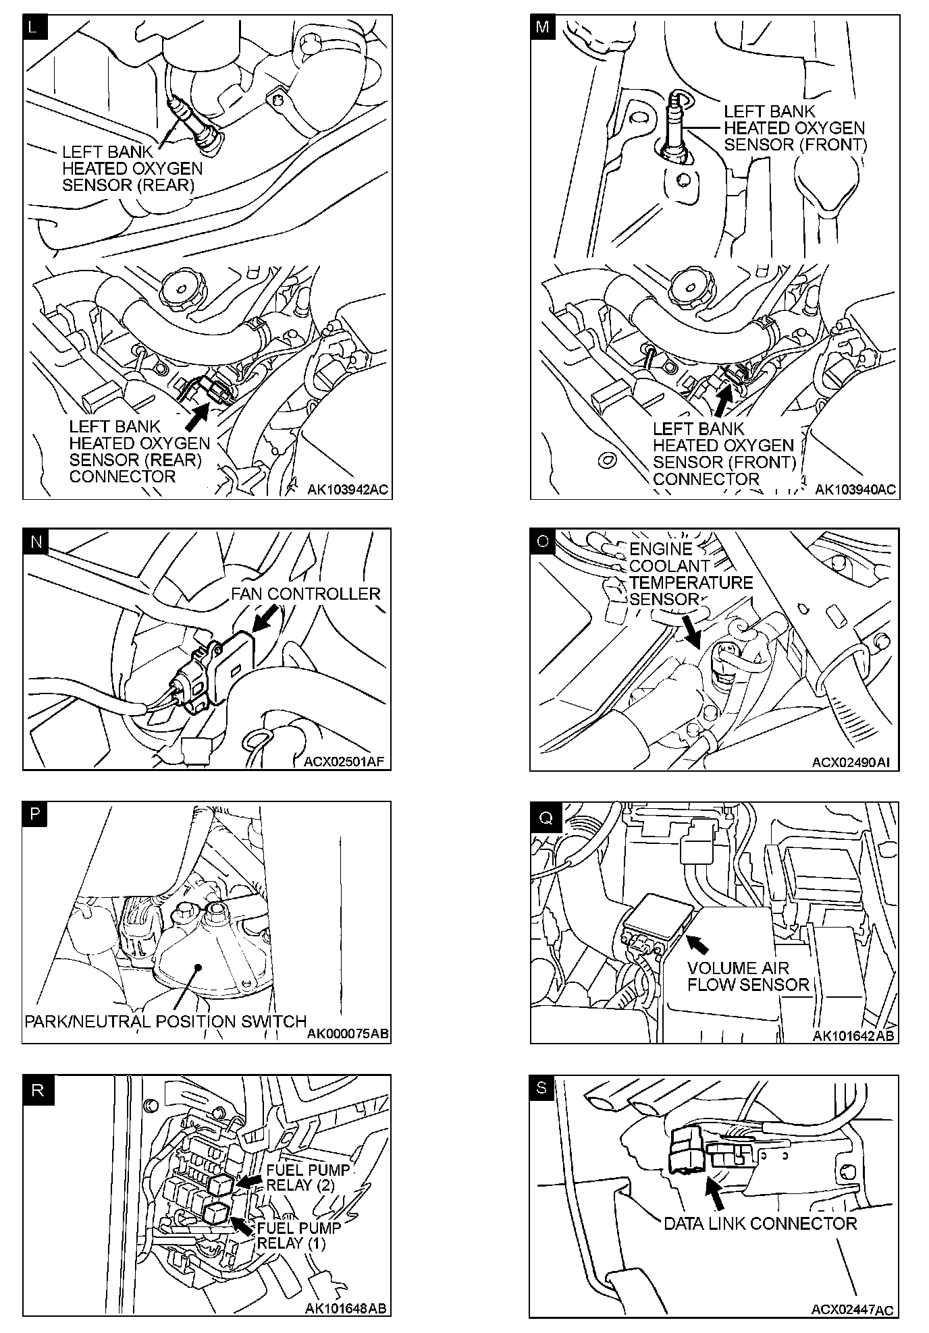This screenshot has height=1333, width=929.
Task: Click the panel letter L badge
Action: click(35, 28)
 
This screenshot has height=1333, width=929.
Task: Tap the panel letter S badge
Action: click(543, 1089)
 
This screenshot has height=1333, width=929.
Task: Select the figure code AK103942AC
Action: click(348, 490)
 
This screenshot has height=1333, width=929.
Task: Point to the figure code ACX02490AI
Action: click(851, 762)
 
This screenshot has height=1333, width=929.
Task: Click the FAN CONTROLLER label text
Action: click(305, 594)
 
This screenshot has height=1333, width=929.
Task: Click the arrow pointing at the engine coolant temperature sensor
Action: click(691, 629)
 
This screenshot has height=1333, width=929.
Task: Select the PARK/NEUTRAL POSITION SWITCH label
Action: click(165, 1021)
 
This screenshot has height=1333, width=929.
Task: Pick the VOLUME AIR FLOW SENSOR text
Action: click(747, 975)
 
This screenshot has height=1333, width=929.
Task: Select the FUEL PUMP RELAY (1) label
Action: click(298, 1235)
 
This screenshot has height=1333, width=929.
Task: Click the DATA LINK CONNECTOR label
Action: click(760, 1223)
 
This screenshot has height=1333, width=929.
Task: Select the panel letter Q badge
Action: click(544, 818)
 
